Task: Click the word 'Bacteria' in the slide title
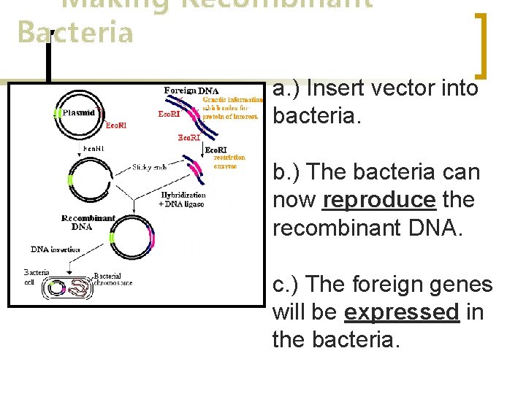(75, 33)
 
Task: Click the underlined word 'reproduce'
(378, 200)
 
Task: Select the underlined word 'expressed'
(401, 312)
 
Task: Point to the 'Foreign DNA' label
(191, 90)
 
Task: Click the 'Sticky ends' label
(149, 167)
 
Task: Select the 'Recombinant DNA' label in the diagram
(88, 223)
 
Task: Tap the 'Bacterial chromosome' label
(113, 279)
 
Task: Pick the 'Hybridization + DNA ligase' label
(183, 199)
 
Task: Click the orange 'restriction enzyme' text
(230, 161)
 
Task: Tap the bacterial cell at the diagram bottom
(68, 289)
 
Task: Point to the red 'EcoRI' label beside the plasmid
(115, 125)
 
